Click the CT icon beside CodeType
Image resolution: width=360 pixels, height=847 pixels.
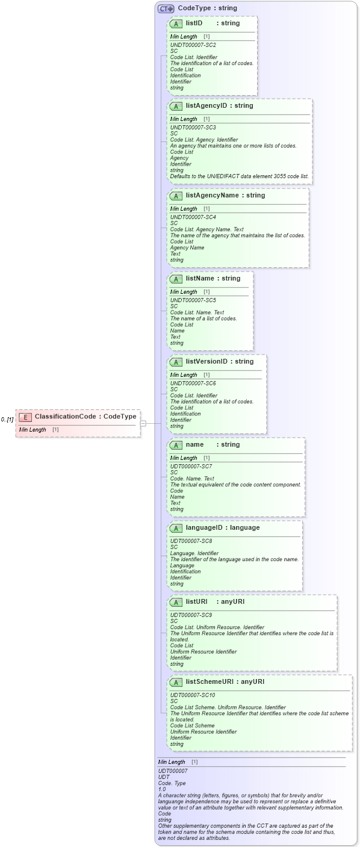pos(166,9)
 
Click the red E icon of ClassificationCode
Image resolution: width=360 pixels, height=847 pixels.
pos(25,417)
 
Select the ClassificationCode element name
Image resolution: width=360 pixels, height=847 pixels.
pos(67,417)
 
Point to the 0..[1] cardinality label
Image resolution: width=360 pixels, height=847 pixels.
pos(7,419)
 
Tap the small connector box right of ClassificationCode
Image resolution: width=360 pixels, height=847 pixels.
pos(143,424)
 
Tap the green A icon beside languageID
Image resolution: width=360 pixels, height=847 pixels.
pos(176,528)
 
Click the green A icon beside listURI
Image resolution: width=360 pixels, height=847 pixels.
pos(176,602)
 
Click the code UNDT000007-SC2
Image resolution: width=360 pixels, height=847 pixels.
pos(193,45)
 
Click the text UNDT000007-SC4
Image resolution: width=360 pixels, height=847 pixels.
pos(193,217)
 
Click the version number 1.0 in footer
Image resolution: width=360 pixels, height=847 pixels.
pos(162,789)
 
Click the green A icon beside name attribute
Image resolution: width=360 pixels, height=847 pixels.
pos(176,445)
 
